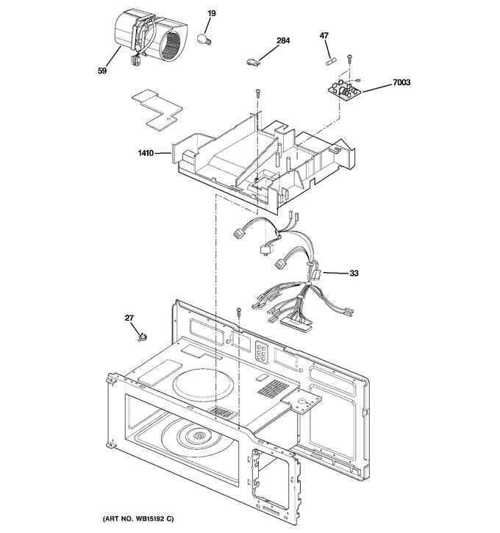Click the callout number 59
click(102, 71)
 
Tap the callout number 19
click(212, 13)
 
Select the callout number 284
click(283, 40)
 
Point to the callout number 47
click(324, 35)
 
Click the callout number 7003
click(401, 82)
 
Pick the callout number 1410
click(146, 154)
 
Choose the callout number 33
click(354, 273)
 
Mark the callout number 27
click(129, 318)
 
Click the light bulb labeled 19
click(204, 39)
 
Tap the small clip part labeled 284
click(252, 62)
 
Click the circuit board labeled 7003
click(343, 88)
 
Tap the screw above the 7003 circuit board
click(349, 58)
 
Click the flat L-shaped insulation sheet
click(157, 109)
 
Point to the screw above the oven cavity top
click(239, 312)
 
